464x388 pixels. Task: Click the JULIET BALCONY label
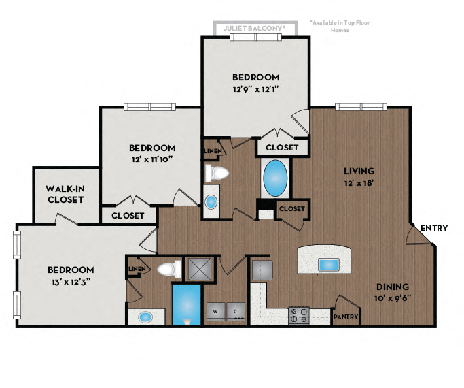[255, 28]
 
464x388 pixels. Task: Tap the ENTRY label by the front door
[433, 227]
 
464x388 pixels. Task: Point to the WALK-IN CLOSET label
[65, 194]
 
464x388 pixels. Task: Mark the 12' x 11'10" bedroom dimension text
[152, 159]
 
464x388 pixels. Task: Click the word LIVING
[359, 171]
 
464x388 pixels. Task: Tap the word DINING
[393, 287]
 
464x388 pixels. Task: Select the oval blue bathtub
[274, 178]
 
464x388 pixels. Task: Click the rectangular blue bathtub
[185, 304]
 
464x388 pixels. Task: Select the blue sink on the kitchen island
[329, 264]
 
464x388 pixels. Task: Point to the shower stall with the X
[201, 269]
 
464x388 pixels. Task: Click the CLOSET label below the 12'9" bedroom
[281, 147]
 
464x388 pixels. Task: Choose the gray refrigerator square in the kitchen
[262, 270]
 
